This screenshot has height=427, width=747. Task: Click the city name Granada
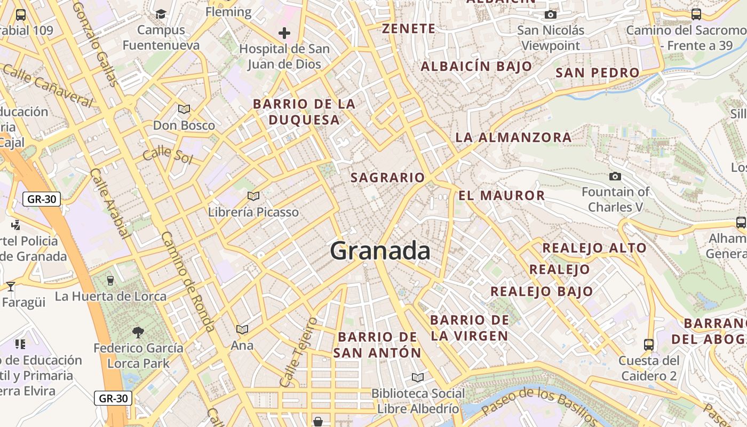point(380,251)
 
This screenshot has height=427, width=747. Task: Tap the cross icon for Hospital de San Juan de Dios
point(284,33)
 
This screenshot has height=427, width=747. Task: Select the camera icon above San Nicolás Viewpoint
point(550,14)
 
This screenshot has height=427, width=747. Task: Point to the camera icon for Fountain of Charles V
point(615,176)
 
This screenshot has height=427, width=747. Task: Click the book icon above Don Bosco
point(184,109)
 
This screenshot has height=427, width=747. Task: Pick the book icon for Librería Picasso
point(253,196)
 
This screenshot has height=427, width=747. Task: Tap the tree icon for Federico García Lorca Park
point(138,333)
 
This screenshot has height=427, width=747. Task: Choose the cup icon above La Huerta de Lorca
point(110,280)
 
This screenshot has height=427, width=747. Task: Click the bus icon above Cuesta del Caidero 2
point(649,344)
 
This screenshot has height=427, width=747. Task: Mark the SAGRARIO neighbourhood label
point(387,178)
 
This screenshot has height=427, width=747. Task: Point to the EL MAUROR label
point(502,195)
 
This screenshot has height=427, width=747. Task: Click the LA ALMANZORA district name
point(513,137)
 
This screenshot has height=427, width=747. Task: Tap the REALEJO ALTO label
point(594,248)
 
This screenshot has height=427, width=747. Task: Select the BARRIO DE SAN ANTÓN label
point(377,345)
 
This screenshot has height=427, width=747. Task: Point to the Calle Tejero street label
point(298,352)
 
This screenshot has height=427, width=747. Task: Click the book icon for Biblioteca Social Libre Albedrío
point(418,377)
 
